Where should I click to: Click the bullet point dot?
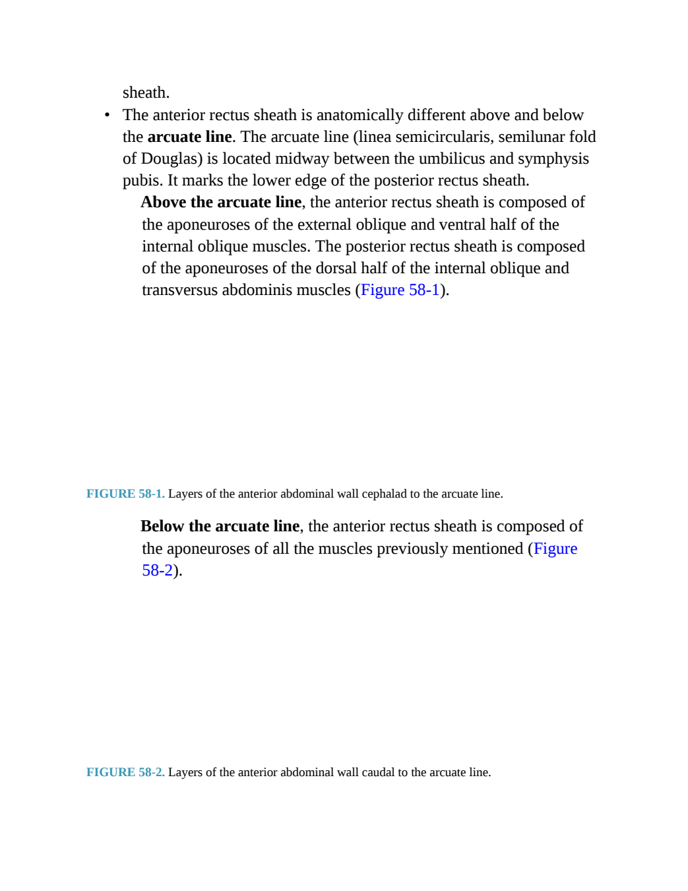(x=107, y=115)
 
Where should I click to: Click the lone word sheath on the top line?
(x=146, y=92)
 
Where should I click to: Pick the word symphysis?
(x=553, y=159)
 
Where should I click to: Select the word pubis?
(x=142, y=181)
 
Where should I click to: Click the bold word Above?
(x=164, y=202)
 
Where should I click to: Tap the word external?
(x=324, y=224)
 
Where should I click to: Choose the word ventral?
(x=462, y=224)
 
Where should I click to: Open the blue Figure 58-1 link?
(x=400, y=290)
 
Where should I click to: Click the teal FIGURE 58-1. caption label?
(x=125, y=494)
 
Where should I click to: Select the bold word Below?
(x=163, y=526)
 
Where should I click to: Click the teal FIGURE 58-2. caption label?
(x=125, y=772)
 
